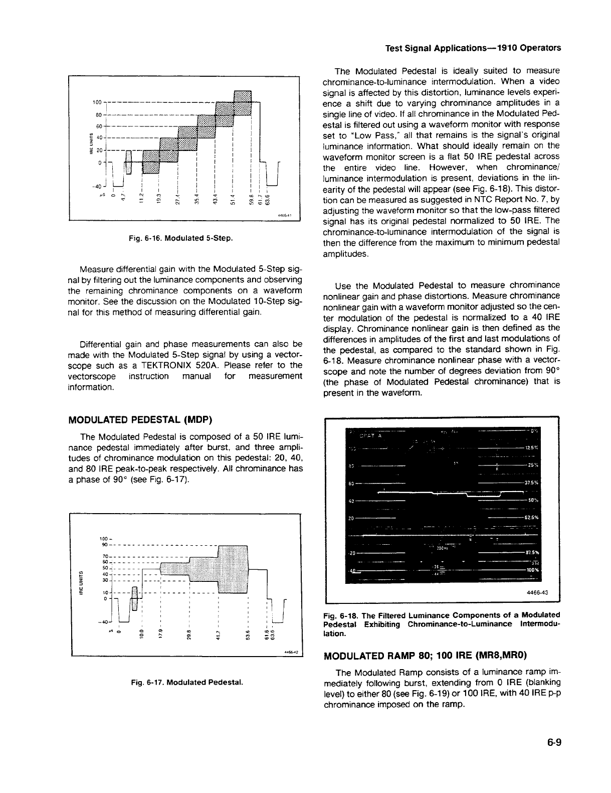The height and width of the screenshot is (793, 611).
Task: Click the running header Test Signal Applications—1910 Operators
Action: point(473,49)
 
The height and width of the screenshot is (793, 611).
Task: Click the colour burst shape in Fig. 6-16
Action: point(128,162)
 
